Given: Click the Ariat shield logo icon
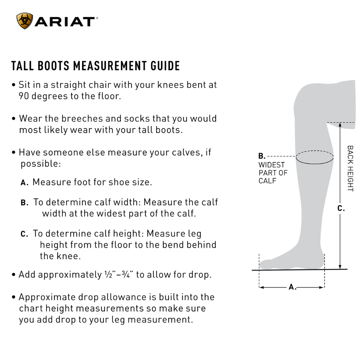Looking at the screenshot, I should coord(24,21).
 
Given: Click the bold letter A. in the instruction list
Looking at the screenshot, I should coord(24,183).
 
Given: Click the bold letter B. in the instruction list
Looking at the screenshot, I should coord(24,203).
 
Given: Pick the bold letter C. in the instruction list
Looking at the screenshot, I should coord(24,234).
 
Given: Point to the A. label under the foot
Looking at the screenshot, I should coord(292,287).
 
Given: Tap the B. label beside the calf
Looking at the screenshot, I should coord(262,156).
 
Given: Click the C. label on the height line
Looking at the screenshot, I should coord(341,208).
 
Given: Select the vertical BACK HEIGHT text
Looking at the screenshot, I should coord(350,168).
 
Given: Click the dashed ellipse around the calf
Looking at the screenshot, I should coord(315,157).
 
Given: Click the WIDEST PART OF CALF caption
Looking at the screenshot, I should coord(273,173).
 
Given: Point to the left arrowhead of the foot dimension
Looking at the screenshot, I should coord(261,287).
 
